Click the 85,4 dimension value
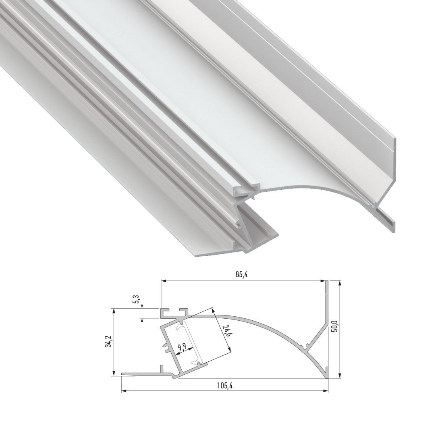(x=242, y=274)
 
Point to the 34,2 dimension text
(x=108, y=341)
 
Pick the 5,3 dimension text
(x=137, y=299)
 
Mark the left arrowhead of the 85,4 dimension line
(x=163, y=281)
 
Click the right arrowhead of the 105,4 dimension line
(x=326, y=391)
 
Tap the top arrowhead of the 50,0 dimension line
(x=340, y=283)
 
